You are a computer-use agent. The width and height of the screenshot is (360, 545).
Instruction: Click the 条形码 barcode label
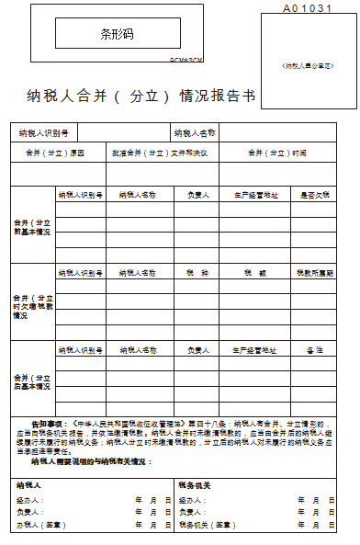click(117, 34)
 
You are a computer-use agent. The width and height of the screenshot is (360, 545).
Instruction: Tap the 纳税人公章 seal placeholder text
click(308, 66)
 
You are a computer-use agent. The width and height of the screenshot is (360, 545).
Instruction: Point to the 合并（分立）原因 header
click(55, 153)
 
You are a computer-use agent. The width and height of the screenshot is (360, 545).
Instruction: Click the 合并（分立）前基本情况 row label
click(32, 227)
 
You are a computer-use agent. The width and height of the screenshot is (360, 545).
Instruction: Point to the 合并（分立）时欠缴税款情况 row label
click(32, 306)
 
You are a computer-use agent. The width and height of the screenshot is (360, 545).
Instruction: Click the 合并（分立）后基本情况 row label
click(32, 382)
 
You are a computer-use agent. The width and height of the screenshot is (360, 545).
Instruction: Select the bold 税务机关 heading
click(195, 484)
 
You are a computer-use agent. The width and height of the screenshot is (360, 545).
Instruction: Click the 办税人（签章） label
click(38, 524)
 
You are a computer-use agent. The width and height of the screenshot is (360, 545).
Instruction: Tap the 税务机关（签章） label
click(207, 524)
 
